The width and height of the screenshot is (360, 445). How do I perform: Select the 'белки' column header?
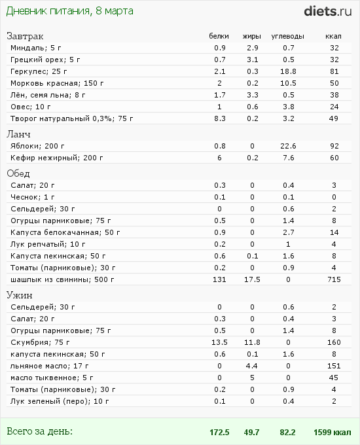(x=219, y=35)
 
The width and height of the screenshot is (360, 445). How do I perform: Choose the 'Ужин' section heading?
(x=20, y=294)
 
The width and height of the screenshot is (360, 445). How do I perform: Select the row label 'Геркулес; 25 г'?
(x=38, y=71)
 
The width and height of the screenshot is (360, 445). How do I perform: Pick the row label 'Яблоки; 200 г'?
(x=36, y=145)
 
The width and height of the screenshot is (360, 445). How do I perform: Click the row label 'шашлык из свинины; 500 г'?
(x=62, y=279)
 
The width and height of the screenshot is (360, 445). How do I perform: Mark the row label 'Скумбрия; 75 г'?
(x=37, y=342)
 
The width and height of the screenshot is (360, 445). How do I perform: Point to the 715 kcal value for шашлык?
(x=333, y=279)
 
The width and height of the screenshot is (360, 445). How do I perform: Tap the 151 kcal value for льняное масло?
(x=333, y=365)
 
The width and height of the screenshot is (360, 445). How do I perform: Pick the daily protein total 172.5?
(x=219, y=432)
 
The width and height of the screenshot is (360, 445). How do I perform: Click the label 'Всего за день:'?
(x=39, y=431)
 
